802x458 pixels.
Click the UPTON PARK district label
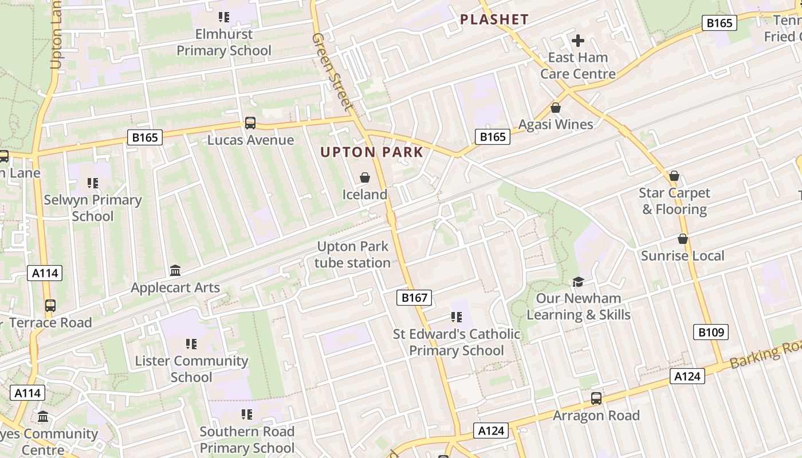[372, 152]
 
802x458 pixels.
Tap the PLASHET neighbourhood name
[494, 19]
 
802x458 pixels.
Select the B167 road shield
[414, 298]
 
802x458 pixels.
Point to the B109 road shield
[711, 332]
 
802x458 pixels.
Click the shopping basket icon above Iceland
[364, 178]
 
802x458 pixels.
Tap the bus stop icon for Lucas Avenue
[250, 123]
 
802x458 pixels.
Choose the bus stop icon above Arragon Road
[596, 398]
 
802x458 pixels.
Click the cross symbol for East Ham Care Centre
[578, 41]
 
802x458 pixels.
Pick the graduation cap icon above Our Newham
[578, 282]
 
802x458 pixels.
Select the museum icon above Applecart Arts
[175, 270]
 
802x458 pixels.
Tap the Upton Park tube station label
[353, 255]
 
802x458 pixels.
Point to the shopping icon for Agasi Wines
[555, 108]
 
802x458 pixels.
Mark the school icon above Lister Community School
[191, 344]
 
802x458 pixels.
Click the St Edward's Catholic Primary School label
[457, 342]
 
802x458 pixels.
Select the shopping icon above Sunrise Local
[682, 239]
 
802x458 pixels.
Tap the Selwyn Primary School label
[93, 208]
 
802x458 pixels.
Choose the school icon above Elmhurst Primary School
[224, 17]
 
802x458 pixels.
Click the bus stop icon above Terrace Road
[50, 305]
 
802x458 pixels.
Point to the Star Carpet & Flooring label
[674, 201]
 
